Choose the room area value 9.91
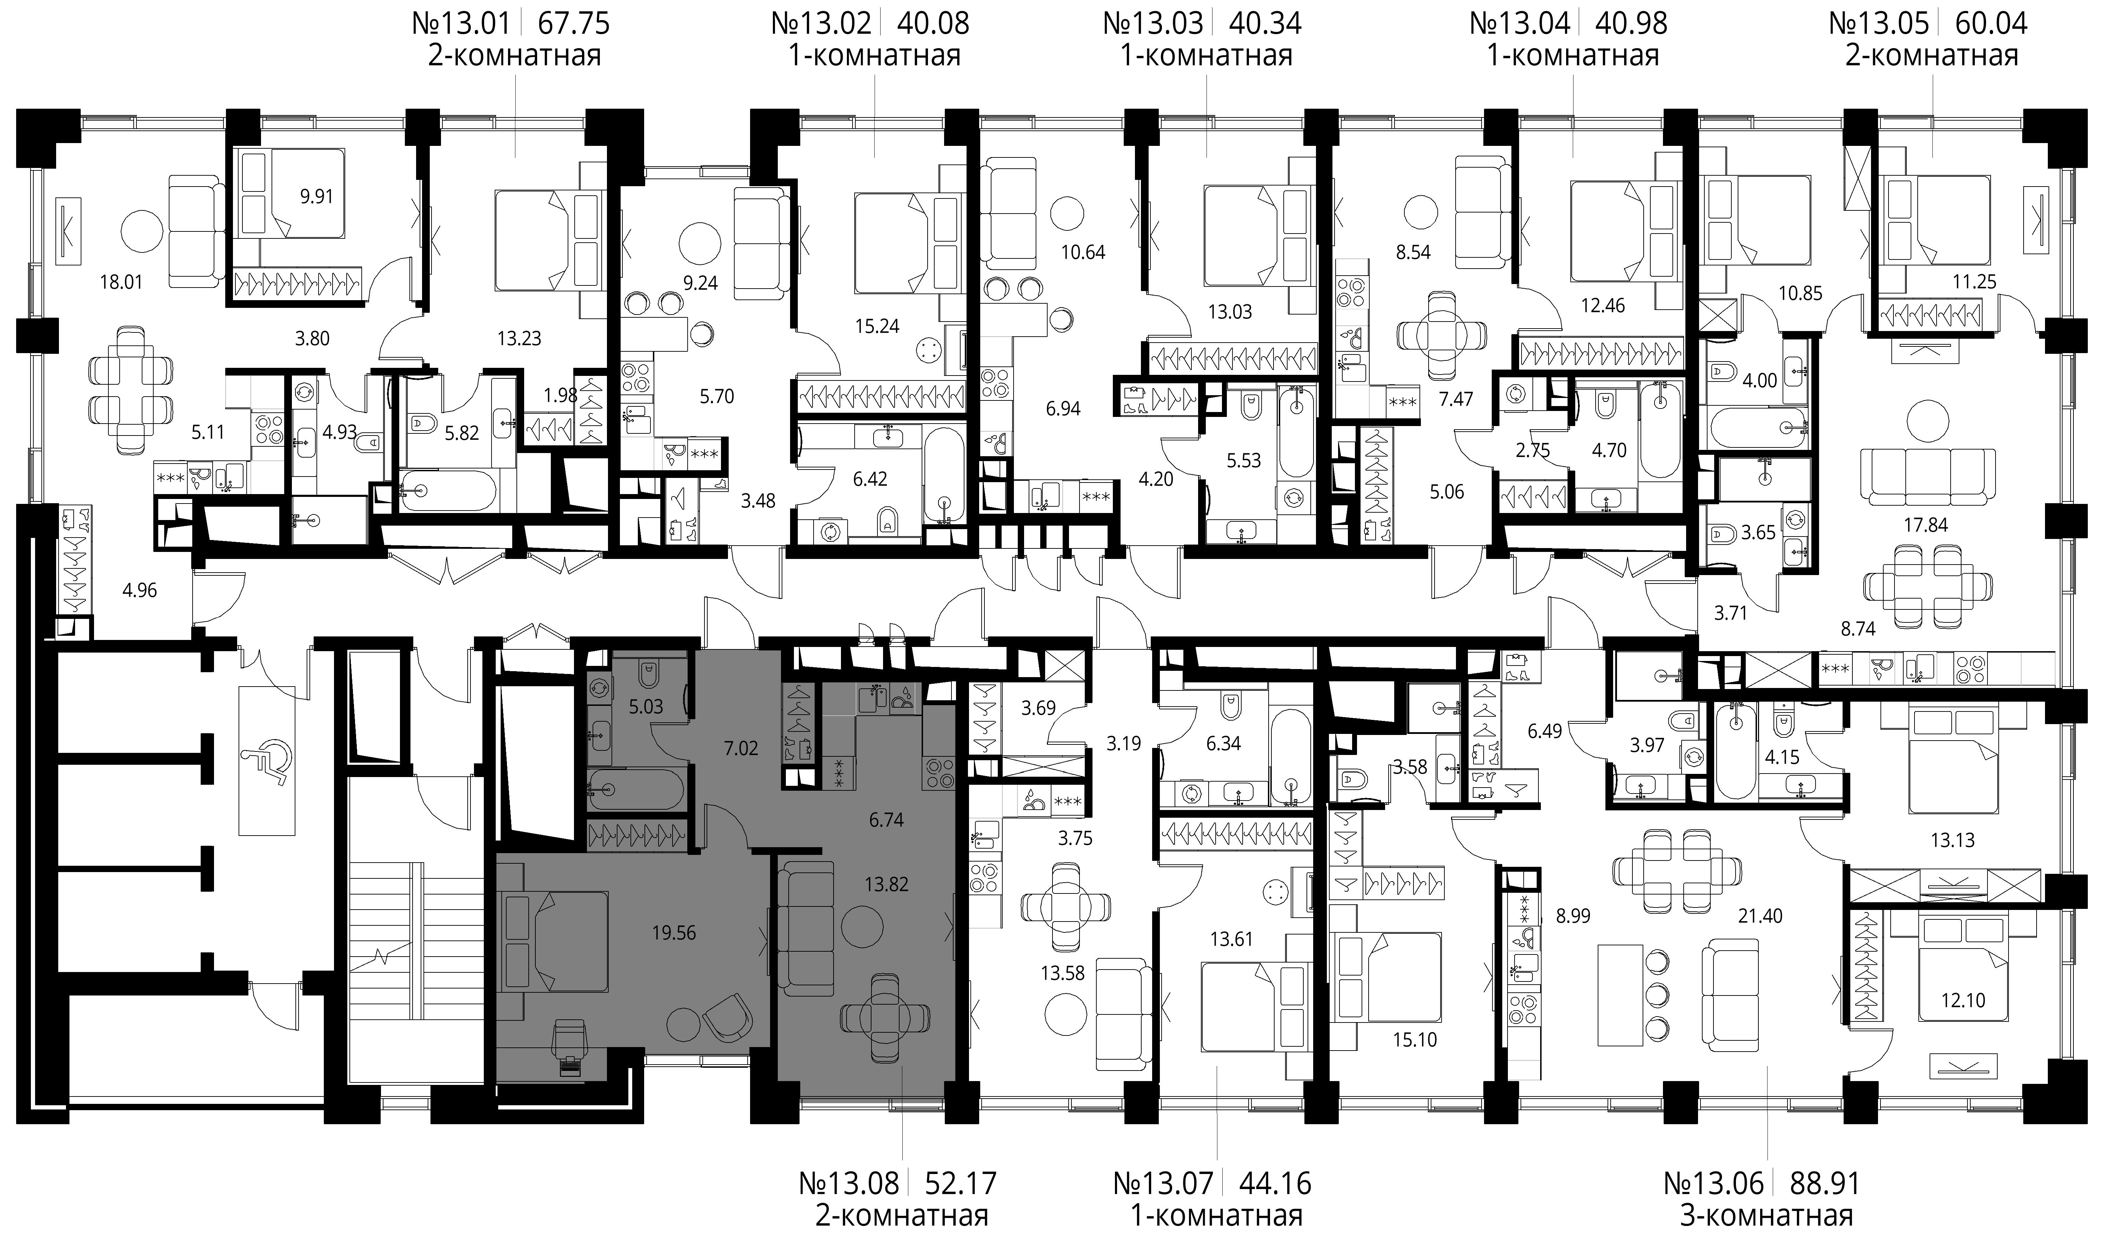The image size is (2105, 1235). (x=316, y=197)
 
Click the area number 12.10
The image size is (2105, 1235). (x=1963, y=999)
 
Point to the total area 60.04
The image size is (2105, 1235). (x=1991, y=22)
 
